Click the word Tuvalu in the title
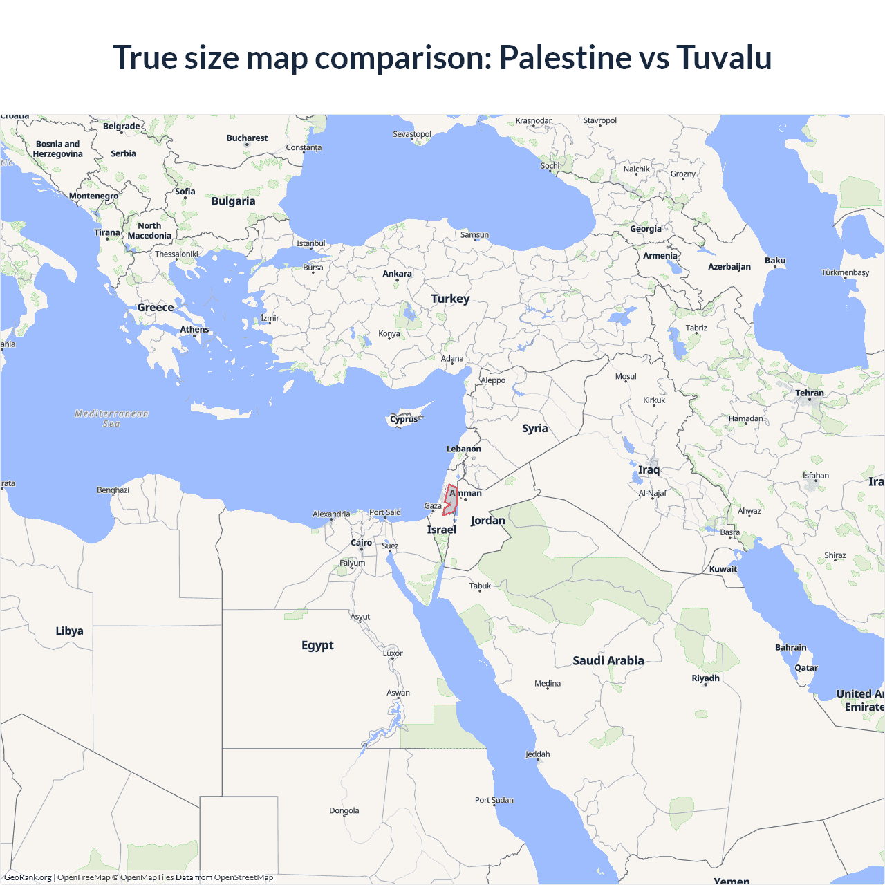[x=724, y=57]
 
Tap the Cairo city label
[x=361, y=543]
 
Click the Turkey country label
[x=450, y=299]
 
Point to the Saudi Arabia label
[x=608, y=660]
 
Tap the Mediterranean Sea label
[x=111, y=418]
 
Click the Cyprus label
[x=404, y=419]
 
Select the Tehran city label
[x=810, y=393]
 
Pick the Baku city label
[x=775, y=261]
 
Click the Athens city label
[x=194, y=329]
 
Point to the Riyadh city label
[x=706, y=678]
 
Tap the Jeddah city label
[x=538, y=754]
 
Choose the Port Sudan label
[x=494, y=800]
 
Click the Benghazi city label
[x=113, y=490]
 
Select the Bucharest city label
[x=247, y=138]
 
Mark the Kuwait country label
[x=723, y=569]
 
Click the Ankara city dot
[x=397, y=281]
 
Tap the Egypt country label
[x=317, y=645]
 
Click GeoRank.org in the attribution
[x=28, y=877]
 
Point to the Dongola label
[x=344, y=810]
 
